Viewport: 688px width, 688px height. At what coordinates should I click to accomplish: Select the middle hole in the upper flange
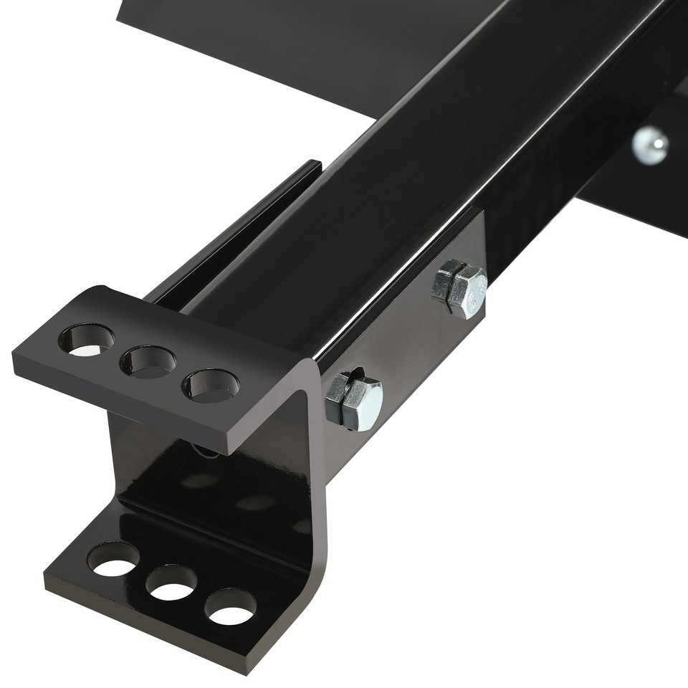148,361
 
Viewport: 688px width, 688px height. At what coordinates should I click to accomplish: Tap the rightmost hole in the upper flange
211,386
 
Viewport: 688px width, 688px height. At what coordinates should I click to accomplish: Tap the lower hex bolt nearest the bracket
354,401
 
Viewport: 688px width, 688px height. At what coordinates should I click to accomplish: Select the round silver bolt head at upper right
650,144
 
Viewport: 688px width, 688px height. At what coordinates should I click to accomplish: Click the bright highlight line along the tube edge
401,265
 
